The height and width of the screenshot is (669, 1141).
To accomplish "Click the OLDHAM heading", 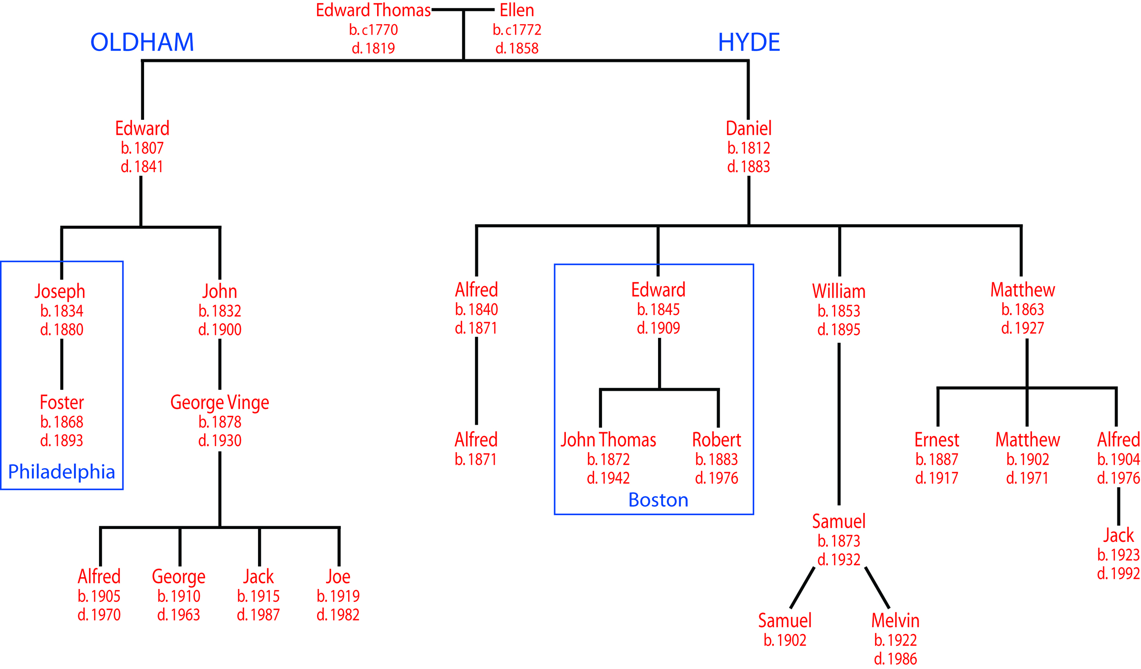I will (x=142, y=42).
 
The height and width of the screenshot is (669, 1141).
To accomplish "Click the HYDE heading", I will (x=749, y=42).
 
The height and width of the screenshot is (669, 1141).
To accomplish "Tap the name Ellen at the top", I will (x=517, y=10).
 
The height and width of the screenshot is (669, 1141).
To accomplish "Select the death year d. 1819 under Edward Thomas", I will (x=373, y=48).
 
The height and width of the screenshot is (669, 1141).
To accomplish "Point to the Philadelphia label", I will (x=62, y=471).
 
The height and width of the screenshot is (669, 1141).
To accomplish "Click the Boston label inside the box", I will (x=658, y=500).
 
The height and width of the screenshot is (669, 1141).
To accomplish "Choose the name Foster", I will (x=62, y=402).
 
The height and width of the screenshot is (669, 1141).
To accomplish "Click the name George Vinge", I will (x=220, y=402).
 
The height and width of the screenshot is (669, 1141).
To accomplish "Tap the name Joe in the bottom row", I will (x=338, y=576).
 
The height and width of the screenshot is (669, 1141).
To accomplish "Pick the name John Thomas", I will (x=608, y=440).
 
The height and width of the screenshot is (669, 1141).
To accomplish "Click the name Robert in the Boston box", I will (x=716, y=440).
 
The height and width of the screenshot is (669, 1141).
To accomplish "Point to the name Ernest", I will (x=937, y=440).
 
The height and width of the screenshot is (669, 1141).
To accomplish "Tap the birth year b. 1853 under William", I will (x=839, y=311).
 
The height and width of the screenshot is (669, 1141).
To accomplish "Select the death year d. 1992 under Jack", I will (x=1118, y=574).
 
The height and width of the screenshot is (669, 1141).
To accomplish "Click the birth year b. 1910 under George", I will (x=179, y=596).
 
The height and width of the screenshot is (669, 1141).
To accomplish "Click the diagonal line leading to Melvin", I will (x=877, y=587).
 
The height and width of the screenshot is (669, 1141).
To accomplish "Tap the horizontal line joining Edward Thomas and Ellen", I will (x=463, y=10).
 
